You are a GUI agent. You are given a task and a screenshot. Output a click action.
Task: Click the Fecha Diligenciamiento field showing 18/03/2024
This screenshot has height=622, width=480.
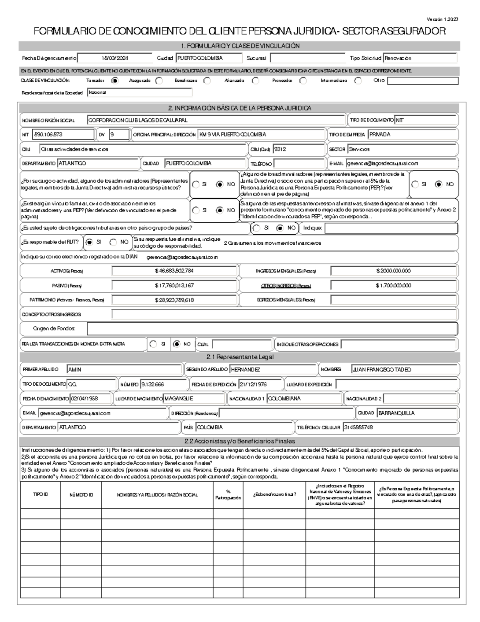[x=115, y=58]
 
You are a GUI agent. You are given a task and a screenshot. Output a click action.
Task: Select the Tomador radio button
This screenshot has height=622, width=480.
[x=115, y=81]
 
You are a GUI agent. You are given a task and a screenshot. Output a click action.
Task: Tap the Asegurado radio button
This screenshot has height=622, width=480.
[x=159, y=81]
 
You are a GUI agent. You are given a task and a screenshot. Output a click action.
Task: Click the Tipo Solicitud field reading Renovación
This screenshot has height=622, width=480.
[x=420, y=58]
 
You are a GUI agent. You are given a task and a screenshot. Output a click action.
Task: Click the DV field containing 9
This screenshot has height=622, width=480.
[x=119, y=135]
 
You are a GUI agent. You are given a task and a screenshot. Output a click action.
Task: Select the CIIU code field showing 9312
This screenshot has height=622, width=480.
[x=298, y=149]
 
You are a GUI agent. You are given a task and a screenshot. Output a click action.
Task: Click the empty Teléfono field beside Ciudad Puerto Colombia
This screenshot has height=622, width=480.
[x=300, y=163]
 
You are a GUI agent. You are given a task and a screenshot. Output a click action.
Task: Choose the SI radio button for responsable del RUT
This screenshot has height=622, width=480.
[x=90, y=242]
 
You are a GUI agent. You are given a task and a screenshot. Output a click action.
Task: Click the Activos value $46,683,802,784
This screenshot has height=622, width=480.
[x=174, y=271]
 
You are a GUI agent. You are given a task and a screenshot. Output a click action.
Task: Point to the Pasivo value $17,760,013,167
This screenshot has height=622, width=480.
[x=174, y=286]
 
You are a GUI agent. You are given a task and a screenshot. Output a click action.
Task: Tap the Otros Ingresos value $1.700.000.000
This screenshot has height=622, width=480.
[x=393, y=286]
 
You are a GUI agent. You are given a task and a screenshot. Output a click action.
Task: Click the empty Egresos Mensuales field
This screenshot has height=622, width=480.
[x=393, y=300]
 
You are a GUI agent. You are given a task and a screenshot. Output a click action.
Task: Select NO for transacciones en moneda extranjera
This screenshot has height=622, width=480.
[x=177, y=344]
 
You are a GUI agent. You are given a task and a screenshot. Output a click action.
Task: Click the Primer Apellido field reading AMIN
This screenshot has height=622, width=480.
[x=124, y=370]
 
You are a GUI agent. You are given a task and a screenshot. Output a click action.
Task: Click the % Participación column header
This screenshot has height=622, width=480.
[x=228, y=495]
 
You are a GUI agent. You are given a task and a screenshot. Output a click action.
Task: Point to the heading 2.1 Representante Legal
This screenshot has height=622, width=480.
[x=240, y=357]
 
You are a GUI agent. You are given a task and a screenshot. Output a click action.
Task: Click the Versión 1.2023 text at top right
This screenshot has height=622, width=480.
[x=442, y=19]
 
